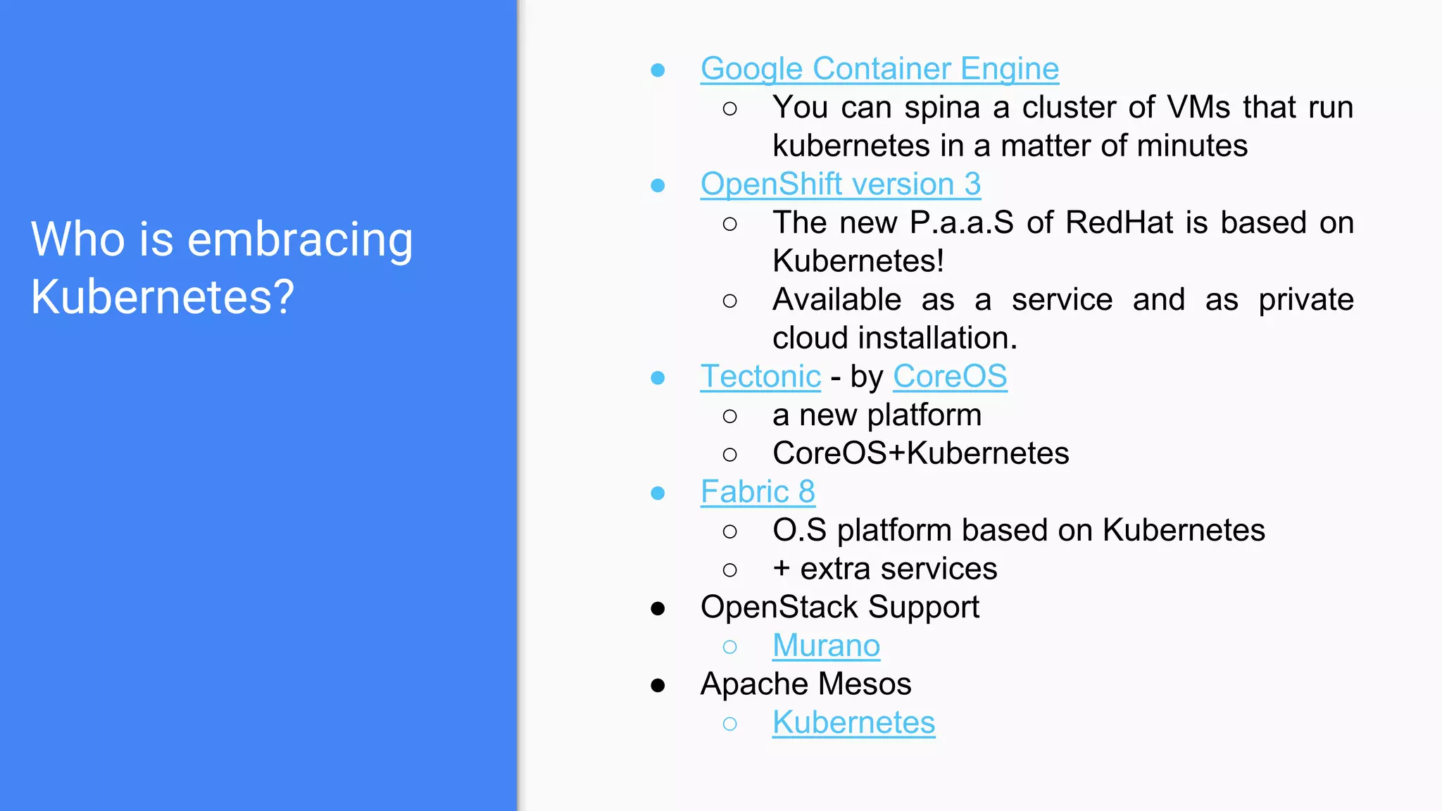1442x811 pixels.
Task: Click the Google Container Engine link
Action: [879, 69]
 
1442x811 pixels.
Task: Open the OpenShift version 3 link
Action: [840, 184]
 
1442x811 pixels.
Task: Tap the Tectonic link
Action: [760, 377]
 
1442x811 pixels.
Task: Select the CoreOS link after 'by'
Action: [950, 377]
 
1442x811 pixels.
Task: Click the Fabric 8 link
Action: [758, 492]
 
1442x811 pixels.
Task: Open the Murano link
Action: [826, 646]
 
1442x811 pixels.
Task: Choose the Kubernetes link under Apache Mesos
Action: [853, 722]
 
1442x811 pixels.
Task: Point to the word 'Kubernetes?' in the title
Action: [163, 297]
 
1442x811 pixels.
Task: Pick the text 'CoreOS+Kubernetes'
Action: [920, 453]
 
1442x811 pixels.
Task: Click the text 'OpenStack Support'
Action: [839, 607]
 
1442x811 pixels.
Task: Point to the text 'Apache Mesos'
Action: [805, 684]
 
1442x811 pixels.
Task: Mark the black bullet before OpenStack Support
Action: [658, 608]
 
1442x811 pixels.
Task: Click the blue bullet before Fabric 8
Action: [658, 493]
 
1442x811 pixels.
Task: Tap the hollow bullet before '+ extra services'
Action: [730, 570]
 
